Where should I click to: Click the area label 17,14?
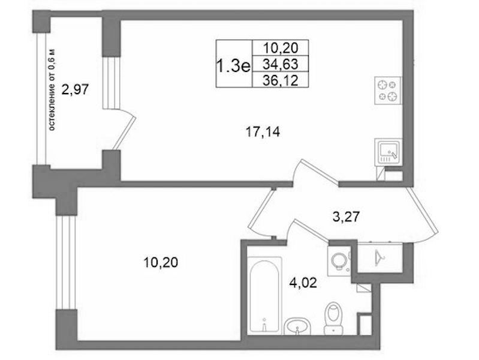263,132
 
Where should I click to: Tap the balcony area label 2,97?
75,90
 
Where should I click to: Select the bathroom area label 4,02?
303,283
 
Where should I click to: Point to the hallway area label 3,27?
346,217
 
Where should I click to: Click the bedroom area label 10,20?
161,262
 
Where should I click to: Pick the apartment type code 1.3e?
233,66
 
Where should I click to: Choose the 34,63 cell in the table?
281,64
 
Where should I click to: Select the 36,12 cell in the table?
281,80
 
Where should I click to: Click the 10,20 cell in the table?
281,48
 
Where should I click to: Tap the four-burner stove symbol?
388,91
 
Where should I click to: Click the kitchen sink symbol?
388,152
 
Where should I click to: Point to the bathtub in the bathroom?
264,295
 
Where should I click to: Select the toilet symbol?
333,318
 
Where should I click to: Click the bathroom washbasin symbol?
297,326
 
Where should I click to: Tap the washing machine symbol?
339,261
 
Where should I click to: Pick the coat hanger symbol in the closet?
379,258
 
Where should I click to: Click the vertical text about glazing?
52,90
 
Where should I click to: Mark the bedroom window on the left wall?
66,262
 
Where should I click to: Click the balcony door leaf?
125,133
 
